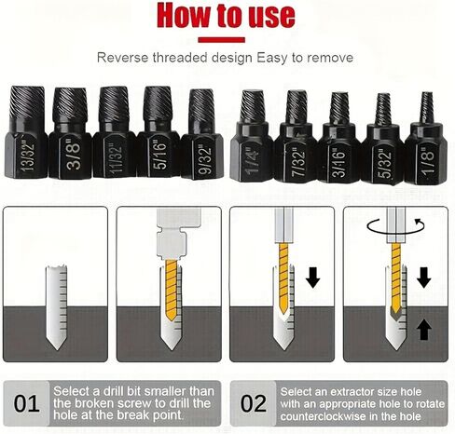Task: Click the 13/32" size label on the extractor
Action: click(x=27, y=156)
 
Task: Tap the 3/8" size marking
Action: click(x=74, y=156)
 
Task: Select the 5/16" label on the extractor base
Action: click(x=159, y=156)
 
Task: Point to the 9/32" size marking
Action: click(x=205, y=158)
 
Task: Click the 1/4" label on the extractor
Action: click(x=253, y=161)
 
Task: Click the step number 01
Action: click(x=26, y=403)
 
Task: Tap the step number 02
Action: click(x=254, y=403)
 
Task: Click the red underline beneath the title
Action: click(x=222, y=40)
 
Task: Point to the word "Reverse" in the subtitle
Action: click(x=123, y=58)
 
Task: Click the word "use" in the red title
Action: click(x=271, y=16)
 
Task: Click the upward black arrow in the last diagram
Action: click(x=424, y=330)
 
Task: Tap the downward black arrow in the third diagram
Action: click(x=312, y=278)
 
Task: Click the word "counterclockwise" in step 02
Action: click(x=322, y=416)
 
